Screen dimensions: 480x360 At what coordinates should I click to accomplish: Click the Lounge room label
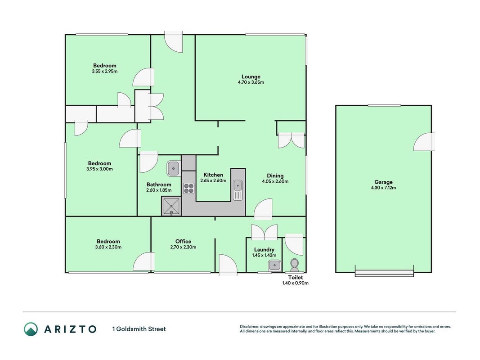click(251, 76)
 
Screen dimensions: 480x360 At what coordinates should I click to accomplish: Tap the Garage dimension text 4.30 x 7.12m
click(383, 188)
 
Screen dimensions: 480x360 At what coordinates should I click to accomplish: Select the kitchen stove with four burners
click(188, 188)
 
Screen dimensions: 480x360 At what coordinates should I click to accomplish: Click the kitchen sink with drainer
click(238, 190)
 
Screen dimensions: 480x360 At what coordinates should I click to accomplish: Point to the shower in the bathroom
click(171, 207)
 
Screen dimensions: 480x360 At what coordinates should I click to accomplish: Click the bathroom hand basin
click(173, 169)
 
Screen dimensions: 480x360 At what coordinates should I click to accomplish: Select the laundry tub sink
click(274, 265)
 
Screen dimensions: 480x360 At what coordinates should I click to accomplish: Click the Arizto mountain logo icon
click(31, 329)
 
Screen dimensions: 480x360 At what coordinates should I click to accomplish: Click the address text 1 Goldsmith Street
click(139, 329)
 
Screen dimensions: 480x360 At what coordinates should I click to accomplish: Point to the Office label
click(183, 241)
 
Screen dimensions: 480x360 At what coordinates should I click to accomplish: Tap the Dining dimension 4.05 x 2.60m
click(275, 181)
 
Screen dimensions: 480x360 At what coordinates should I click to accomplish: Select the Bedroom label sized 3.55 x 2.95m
click(105, 66)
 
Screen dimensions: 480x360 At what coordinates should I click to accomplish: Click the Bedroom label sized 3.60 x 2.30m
click(108, 242)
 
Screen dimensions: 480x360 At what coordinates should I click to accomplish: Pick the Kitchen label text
click(213, 175)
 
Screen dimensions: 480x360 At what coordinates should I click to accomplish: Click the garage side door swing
click(424, 142)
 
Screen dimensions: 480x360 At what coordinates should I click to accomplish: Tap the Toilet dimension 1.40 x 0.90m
click(296, 283)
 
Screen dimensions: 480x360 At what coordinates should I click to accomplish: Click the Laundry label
click(264, 250)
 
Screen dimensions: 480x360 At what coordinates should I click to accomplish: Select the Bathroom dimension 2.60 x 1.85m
click(158, 190)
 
